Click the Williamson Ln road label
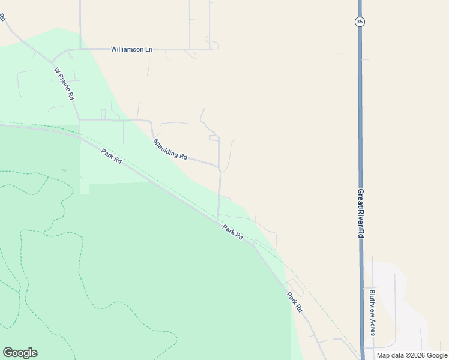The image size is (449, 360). click(x=131, y=49)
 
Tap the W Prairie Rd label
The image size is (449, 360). click(x=64, y=83)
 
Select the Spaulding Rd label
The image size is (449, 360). click(x=170, y=149)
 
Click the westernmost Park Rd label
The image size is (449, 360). click(x=111, y=157)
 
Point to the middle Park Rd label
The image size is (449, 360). click(x=232, y=232)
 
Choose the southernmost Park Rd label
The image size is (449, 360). click(x=294, y=302)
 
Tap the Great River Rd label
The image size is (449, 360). click(x=361, y=214)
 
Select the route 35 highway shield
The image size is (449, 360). click(x=359, y=22)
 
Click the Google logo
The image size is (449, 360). click(x=20, y=353)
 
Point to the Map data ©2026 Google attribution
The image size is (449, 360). click(x=412, y=355)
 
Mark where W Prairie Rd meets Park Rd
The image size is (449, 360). click(x=80, y=136)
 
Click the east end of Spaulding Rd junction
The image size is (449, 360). click(x=220, y=169)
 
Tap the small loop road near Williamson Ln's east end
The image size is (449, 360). click(x=212, y=43)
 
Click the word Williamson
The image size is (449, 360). click(x=127, y=49)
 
